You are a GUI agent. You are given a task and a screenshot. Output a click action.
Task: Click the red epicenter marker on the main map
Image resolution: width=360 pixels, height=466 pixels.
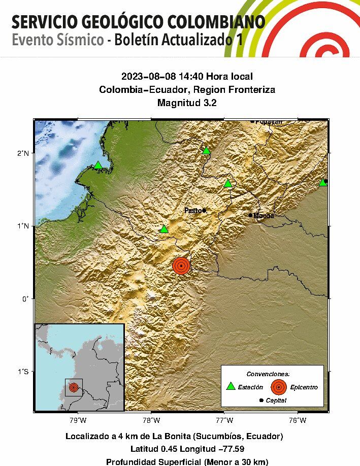(181, 265)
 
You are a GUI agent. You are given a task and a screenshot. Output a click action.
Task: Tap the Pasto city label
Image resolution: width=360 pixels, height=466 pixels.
(192, 210)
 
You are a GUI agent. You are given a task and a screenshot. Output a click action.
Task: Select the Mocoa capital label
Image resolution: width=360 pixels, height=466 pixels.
(264, 216)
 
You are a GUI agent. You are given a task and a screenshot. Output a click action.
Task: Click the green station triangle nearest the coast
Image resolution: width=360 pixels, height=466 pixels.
(98, 165)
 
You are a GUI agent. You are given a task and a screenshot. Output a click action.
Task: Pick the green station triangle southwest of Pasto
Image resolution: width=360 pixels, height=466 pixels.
(163, 229)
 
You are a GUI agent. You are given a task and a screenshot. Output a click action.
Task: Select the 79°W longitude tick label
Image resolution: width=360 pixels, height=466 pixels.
(77, 420)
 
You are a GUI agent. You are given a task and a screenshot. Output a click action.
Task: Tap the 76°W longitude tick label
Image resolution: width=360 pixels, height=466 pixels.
(297, 420)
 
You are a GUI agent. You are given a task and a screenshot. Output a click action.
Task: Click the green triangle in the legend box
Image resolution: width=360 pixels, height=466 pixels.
(231, 386)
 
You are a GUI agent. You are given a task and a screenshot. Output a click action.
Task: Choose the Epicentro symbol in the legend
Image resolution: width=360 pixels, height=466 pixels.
(278, 387)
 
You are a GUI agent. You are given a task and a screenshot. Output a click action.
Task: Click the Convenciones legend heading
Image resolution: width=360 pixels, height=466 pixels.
(272, 374)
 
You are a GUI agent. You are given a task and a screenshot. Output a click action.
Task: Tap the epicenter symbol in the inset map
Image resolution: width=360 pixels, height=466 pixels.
(74, 387)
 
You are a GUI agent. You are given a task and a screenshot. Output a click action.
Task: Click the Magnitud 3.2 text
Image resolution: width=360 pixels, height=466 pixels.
(187, 103)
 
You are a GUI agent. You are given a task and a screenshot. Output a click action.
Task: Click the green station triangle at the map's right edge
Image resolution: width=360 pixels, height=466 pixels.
(323, 182)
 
